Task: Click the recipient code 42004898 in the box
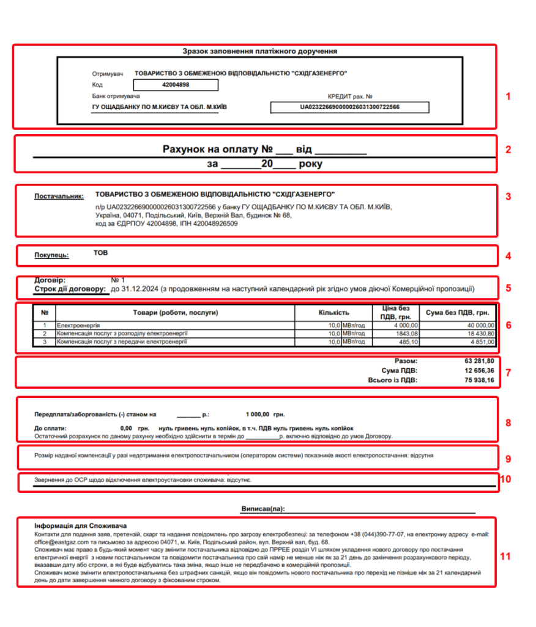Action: tap(176, 85)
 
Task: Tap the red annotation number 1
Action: tap(507, 96)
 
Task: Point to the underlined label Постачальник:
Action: tap(59, 197)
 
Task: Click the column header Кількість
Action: tap(333, 313)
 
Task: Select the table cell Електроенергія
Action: tap(78, 325)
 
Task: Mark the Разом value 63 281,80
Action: tap(480, 361)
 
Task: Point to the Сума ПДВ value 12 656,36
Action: tap(480, 371)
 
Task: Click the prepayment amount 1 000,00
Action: tap(258, 414)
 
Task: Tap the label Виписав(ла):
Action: tap(264, 509)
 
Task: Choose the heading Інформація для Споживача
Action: tap(80, 526)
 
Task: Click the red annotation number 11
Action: tap(505, 557)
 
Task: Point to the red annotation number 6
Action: tap(507, 325)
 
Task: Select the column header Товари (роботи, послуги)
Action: tap(176, 313)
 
